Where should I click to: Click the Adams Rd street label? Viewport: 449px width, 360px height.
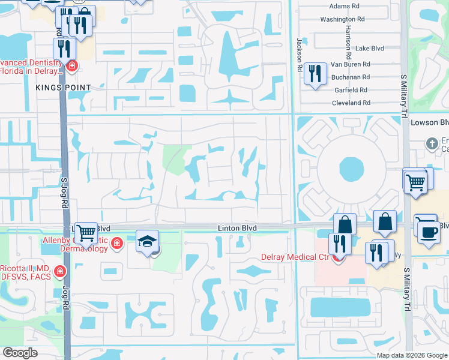tap(344, 6)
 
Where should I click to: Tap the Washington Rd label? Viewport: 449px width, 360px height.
tap(342, 19)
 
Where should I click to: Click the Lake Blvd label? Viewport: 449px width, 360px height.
tap(369, 48)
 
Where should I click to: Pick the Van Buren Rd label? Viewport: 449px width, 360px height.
tap(351, 64)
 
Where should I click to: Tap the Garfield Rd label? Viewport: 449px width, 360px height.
tap(351, 90)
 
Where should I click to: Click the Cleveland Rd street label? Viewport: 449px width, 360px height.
tap(351, 103)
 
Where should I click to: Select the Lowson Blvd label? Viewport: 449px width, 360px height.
tap(429, 122)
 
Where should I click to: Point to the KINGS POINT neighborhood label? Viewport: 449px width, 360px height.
tap(63, 88)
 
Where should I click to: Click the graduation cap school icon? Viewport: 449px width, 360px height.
tap(147, 242)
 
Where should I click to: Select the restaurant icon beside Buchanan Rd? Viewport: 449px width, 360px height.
tap(315, 74)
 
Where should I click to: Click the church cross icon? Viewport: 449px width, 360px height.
tap(431, 143)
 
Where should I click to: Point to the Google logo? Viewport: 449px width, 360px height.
tap(20, 353)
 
